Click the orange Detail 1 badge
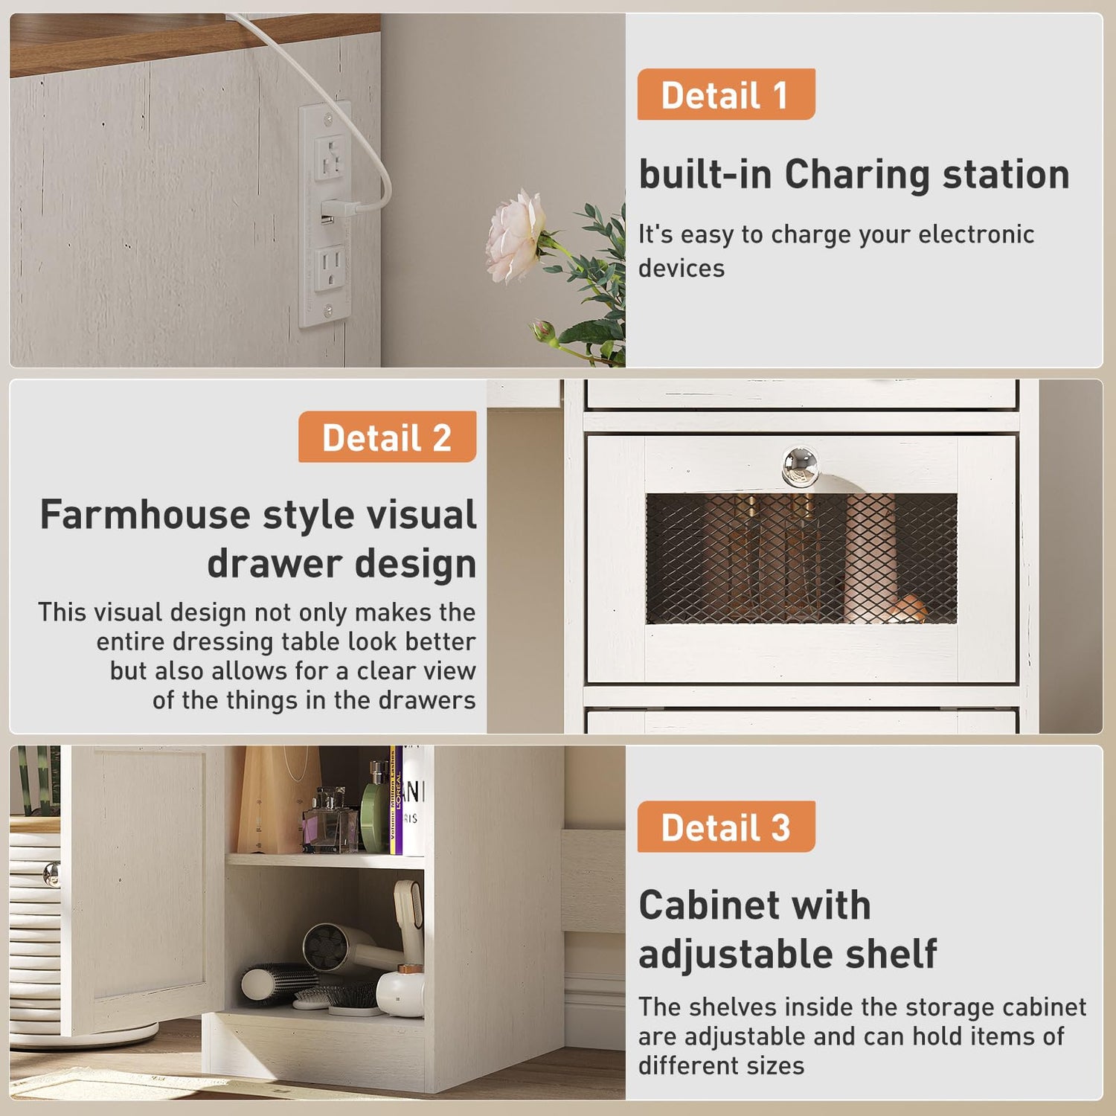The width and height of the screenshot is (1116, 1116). tap(726, 94)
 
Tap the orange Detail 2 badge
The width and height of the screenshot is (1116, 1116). tap(387, 437)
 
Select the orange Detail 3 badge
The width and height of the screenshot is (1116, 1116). tap(726, 827)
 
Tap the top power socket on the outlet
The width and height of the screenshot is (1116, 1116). tap(329, 158)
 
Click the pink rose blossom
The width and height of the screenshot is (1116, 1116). tap(515, 235)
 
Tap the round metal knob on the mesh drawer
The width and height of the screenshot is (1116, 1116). tap(800, 466)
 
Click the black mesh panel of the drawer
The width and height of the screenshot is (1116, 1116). tap(801, 559)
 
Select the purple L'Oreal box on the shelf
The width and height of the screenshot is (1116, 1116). tap(396, 801)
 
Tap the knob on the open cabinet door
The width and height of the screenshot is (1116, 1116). tap(51, 874)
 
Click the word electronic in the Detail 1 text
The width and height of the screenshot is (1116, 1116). tap(976, 234)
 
